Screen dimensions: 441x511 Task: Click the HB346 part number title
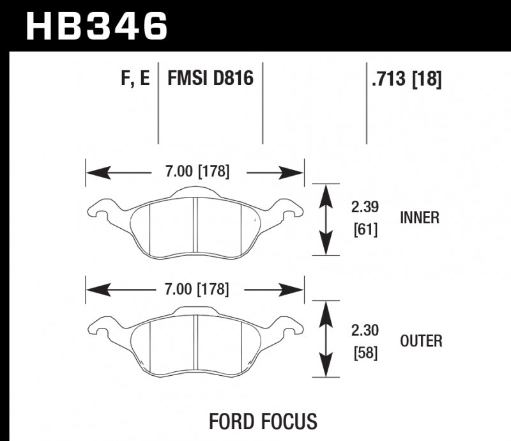pos(96,26)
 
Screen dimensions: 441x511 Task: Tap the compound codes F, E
pos(134,79)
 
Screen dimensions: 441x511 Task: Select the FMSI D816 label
pos(210,79)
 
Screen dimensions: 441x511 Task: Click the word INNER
pos(420,218)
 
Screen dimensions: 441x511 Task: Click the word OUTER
pos(421,341)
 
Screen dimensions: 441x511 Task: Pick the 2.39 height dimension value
pos(365,207)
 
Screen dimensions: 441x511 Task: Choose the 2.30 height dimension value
pos(365,331)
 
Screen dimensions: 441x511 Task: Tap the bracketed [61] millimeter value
pos(365,228)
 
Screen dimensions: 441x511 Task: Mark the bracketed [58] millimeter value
pos(365,352)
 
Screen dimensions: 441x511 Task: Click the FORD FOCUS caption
pos(263,421)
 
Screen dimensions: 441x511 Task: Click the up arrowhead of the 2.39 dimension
pos(327,191)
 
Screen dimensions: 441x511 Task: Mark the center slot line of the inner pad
pos(194,224)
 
